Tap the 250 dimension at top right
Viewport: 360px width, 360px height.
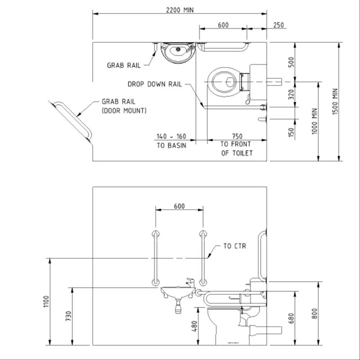(279, 25)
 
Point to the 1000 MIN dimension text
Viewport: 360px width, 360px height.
(315, 120)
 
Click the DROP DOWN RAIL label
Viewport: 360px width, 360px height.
(154, 84)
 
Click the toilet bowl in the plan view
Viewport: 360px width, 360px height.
(223, 81)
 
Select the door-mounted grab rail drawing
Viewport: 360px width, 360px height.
(72, 120)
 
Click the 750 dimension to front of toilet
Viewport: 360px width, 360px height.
(237, 136)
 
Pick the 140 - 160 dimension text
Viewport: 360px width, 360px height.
(171, 136)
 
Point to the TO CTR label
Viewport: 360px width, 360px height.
(234, 247)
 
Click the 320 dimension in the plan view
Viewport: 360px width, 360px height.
(291, 94)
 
